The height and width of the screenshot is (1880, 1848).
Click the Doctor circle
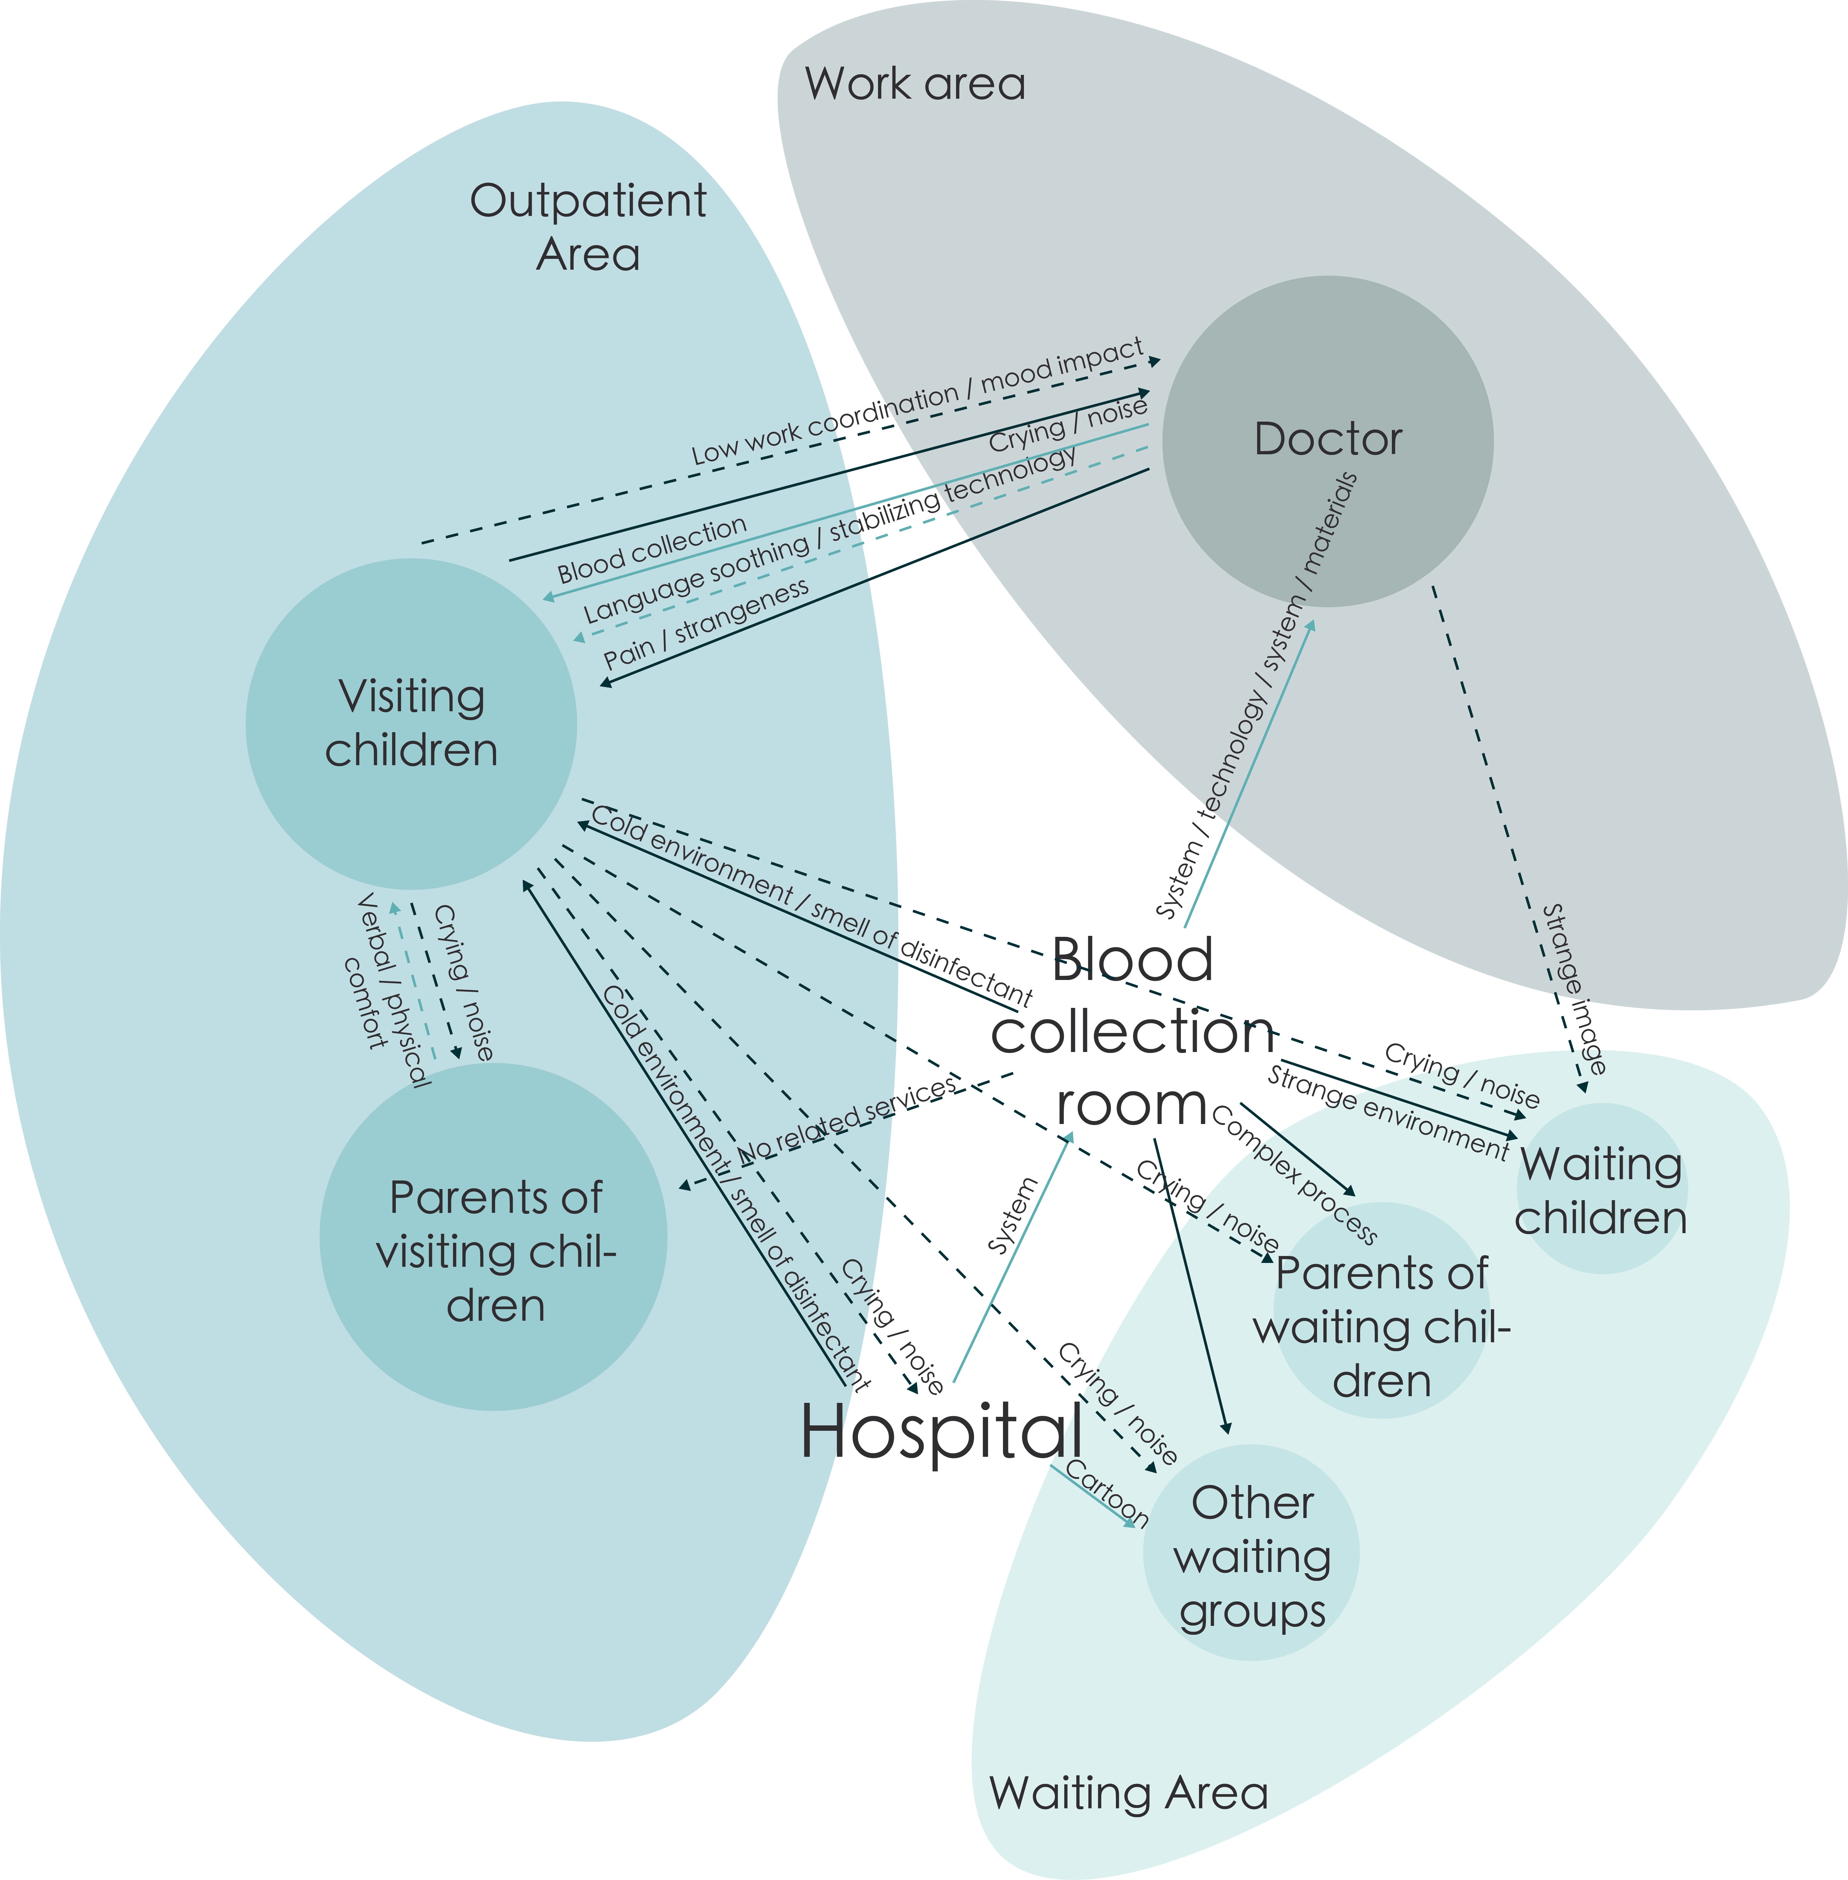tap(1328, 442)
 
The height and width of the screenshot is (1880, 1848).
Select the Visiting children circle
tap(411, 724)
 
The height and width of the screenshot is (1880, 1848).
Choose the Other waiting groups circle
tap(1251, 1553)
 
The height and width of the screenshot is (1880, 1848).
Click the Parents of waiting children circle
tap(1382, 1310)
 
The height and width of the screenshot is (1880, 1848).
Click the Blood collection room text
tap(1133, 1032)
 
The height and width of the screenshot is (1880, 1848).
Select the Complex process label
tap(1295, 1174)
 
